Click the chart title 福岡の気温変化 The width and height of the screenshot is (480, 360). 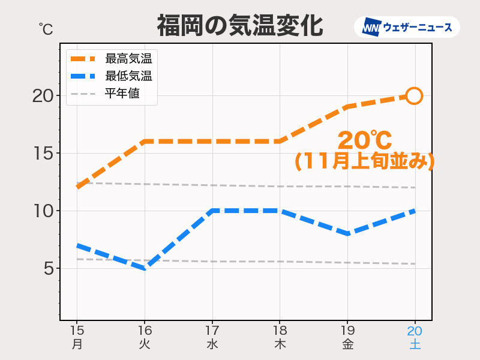(x=240, y=26)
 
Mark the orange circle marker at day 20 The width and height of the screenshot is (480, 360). (x=414, y=95)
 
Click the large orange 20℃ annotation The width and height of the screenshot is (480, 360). (x=364, y=141)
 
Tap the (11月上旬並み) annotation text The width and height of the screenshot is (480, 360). (x=364, y=161)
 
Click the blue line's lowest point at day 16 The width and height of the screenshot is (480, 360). (x=144, y=268)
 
